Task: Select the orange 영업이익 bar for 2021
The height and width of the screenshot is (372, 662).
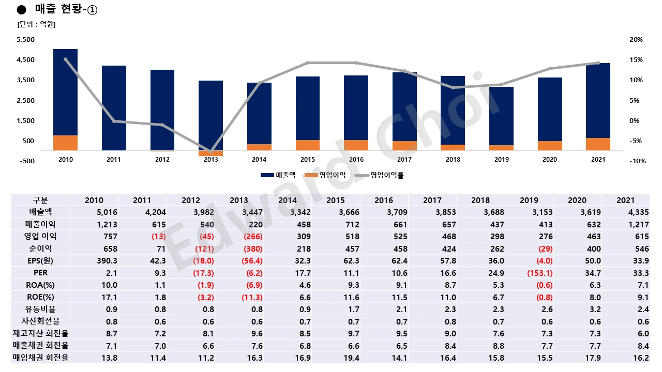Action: click(598, 144)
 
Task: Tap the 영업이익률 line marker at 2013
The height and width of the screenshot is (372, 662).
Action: click(211, 152)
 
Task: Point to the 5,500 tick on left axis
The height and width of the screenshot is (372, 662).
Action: click(26, 40)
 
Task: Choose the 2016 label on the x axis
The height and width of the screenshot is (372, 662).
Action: click(356, 160)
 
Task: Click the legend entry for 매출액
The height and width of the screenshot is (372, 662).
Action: click(278, 175)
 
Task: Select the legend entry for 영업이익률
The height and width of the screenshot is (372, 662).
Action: click(381, 175)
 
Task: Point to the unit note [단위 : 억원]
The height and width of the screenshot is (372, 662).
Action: click(36, 24)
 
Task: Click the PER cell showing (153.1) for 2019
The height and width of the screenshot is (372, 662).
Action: click(538, 273)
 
